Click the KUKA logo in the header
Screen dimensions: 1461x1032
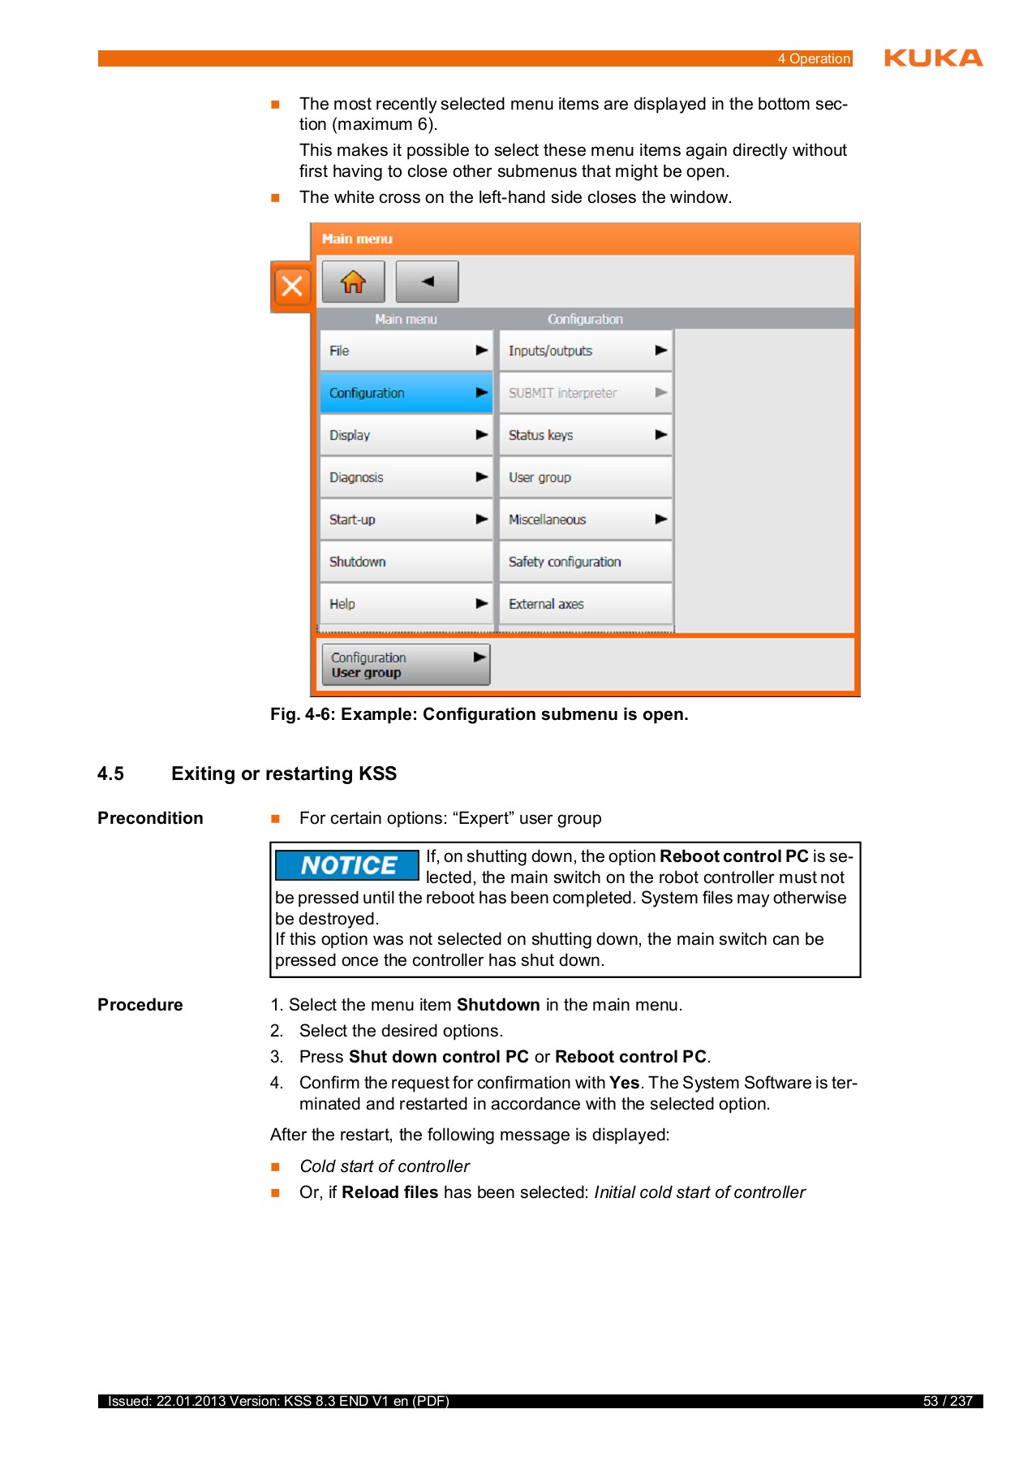click(933, 58)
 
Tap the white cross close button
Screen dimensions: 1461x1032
click(292, 286)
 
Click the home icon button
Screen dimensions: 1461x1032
click(353, 282)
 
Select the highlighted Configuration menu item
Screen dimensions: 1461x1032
click(406, 393)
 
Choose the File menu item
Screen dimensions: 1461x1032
click(406, 351)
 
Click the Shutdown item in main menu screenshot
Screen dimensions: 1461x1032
click(406, 562)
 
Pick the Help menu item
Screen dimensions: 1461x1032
click(406, 604)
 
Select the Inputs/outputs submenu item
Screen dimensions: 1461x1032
click(585, 351)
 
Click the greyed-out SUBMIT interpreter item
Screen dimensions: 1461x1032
click(585, 393)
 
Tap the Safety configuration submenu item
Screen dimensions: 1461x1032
click(585, 562)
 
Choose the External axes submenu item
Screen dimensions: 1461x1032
click(585, 604)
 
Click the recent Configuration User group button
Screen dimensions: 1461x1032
click(406, 665)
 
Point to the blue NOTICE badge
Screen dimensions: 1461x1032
click(347, 865)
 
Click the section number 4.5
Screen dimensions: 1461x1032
click(111, 774)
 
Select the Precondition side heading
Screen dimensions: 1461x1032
click(150, 818)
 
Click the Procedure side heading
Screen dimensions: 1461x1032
click(140, 1005)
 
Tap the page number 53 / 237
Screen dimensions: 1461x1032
click(947, 1401)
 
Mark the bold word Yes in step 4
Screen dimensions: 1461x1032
click(624, 1083)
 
